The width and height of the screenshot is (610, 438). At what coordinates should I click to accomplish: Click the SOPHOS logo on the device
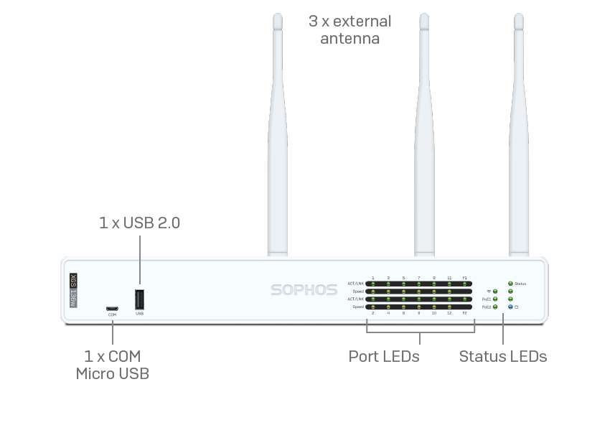pyautogui.click(x=304, y=290)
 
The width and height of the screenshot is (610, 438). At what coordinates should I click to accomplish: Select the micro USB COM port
pyautogui.click(x=112, y=309)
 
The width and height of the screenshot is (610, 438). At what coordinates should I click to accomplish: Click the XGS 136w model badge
pyautogui.click(x=72, y=290)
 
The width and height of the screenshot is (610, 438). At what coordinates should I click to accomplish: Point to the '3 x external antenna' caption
pyautogui.click(x=349, y=29)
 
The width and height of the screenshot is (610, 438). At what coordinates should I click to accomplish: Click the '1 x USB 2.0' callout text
pyautogui.click(x=139, y=223)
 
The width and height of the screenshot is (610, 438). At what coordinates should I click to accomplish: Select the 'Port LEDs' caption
pyautogui.click(x=384, y=356)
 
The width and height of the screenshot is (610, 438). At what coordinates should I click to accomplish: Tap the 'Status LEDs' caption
pyautogui.click(x=502, y=356)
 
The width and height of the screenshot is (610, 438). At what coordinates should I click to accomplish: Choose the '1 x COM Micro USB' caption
pyautogui.click(x=113, y=364)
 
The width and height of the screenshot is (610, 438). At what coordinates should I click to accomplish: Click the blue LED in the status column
pyautogui.click(x=510, y=307)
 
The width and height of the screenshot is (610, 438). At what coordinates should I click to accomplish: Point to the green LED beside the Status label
pyautogui.click(x=510, y=284)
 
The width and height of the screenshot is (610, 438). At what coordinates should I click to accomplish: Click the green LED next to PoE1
pyautogui.click(x=495, y=299)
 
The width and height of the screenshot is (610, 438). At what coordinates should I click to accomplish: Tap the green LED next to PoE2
pyautogui.click(x=495, y=307)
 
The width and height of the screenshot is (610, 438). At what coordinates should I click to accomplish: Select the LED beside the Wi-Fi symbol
pyautogui.click(x=495, y=292)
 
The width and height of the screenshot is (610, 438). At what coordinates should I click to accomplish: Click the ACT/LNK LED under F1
pyautogui.click(x=464, y=284)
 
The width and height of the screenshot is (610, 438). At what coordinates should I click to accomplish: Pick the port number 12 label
pyautogui.click(x=449, y=313)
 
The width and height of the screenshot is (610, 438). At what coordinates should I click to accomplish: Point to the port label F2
pyautogui.click(x=464, y=313)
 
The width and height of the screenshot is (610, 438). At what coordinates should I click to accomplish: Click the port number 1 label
pyautogui.click(x=373, y=277)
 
